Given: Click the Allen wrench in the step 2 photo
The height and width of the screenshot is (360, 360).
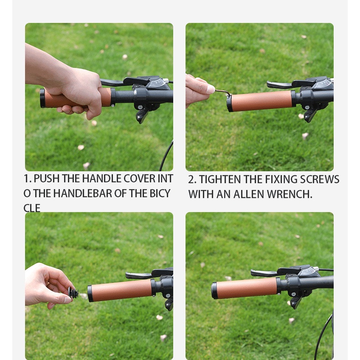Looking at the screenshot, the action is click(223, 92).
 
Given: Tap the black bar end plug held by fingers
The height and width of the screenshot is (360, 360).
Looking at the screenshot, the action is click(74, 293).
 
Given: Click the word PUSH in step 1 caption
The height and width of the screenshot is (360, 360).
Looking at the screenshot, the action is click(46, 179).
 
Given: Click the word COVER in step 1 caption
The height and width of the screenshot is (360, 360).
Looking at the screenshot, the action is click(139, 179).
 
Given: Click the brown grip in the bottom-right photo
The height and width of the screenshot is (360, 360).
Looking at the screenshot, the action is click(247, 288).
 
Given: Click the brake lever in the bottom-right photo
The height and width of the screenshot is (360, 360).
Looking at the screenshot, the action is click(264, 273).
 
